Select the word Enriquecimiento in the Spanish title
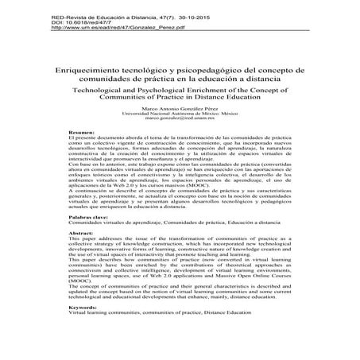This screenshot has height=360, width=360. [87, 70]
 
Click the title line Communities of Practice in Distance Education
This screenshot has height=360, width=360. [180, 99]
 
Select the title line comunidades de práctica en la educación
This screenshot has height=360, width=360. [180, 79]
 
